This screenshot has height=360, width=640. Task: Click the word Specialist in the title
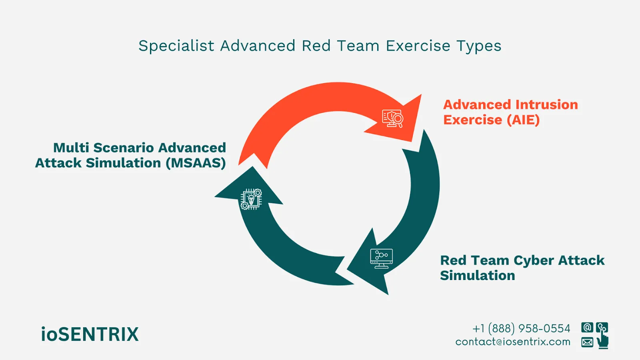[176, 46]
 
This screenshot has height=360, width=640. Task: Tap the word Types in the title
[479, 46]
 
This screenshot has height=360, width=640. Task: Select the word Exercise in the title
[418, 46]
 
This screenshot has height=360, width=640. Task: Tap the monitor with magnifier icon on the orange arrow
[392, 119]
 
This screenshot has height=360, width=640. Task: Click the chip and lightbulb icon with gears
[251, 199]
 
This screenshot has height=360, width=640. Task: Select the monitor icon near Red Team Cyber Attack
[381, 258]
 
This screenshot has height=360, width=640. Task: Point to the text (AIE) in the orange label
[523, 120]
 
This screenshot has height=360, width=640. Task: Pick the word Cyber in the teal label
[534, 260]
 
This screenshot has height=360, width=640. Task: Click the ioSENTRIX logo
[90, 334]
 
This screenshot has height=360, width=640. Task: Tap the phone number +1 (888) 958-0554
[521, 328]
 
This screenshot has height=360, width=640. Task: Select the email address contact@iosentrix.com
[513, 342]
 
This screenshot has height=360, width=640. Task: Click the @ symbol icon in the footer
[587, 328]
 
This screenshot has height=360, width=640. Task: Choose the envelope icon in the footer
[587, 342]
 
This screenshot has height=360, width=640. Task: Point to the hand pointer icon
[603, 341]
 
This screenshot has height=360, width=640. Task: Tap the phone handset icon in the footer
[602, 327]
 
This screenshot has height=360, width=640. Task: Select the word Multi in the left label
[71, 148]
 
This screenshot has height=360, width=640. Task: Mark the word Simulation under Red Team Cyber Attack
[477, 276]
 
